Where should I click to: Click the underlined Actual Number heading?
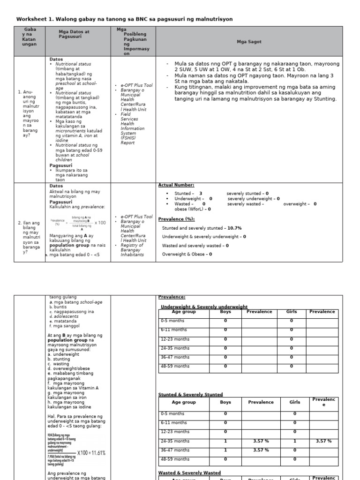176,185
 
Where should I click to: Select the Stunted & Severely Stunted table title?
191,395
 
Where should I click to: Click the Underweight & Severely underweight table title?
204,307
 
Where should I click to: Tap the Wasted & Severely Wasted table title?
189,473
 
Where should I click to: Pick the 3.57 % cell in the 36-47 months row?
261,450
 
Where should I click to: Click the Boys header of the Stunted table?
225,402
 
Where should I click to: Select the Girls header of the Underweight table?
292,312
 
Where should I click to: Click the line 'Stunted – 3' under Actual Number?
188,193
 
